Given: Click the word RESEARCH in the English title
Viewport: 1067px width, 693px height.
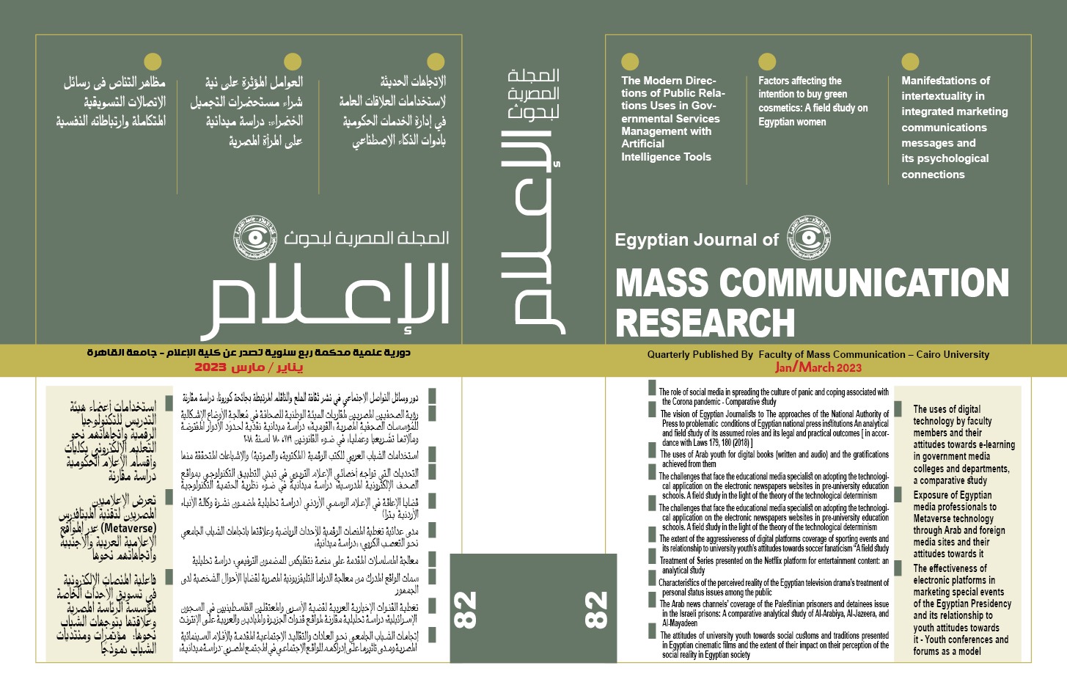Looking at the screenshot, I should [x=705, y=323].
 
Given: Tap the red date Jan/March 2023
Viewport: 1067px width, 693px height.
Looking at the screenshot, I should [x=818, y=367].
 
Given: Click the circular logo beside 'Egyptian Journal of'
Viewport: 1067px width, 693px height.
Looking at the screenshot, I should [x=809, y=238].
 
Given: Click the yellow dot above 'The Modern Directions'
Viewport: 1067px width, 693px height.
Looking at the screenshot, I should [x=630, y=62].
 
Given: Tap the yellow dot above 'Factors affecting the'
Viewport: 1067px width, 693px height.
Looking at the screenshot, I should [x=767, y=62].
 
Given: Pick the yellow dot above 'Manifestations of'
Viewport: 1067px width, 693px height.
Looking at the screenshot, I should [x=910, y=62].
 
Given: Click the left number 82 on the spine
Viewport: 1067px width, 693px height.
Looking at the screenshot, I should [x=465, y=609].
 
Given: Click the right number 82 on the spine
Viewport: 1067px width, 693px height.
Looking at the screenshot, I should [x=596, y=609].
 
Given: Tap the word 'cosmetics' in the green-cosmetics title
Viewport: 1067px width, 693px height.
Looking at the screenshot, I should [x=779, y=108].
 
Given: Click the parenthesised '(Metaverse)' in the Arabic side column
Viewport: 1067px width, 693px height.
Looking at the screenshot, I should [x=128, y=528].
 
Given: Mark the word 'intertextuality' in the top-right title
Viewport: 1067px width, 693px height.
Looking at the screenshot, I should [x=942, y=96].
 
